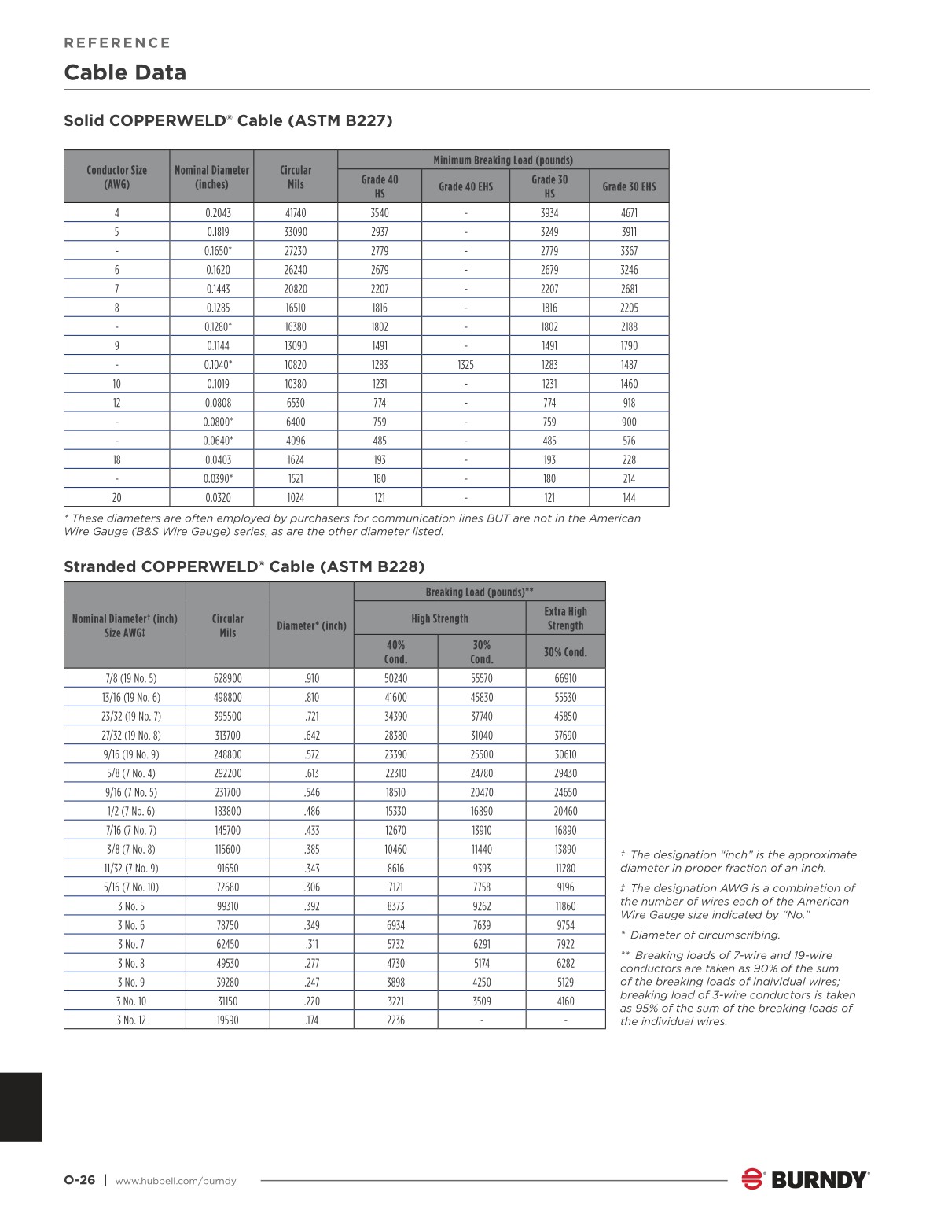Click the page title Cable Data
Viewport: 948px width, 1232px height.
tap(125, 72)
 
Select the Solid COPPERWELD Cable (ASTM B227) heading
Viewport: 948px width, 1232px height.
tap(228, 120)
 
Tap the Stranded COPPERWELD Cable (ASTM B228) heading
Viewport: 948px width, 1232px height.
tap(244, 566)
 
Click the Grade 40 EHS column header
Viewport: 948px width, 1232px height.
tap(465, 186)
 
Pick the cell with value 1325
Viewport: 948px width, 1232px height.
tap(465, 365)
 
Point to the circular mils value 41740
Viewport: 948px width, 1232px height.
tap(296, 213)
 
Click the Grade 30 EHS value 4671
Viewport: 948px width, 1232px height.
tap(629, 213)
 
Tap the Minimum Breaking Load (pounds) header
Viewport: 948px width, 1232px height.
tap(503, 160)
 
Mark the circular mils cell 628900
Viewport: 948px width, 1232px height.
tap(228, 678)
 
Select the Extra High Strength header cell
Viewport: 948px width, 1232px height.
tap(565, 618)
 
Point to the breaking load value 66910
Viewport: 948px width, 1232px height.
tap(565, 678)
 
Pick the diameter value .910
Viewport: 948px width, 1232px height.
tap(312, 678)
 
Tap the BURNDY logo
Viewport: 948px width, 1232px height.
tap(806, 1179)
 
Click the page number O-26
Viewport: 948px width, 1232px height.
tap(79, 1180)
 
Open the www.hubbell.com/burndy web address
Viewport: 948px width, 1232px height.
tap(175, 1181)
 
